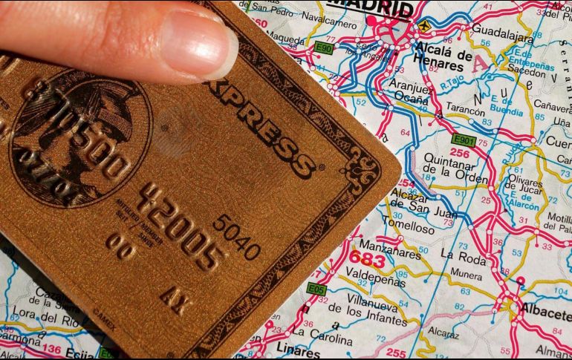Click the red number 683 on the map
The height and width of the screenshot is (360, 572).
coord(367,261)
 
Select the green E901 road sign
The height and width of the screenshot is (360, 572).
coord(464,140)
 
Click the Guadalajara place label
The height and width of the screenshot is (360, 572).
coord(502,34)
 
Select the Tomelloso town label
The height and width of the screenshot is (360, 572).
coord(409,229)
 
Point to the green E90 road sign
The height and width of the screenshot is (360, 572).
coord(323,48)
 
